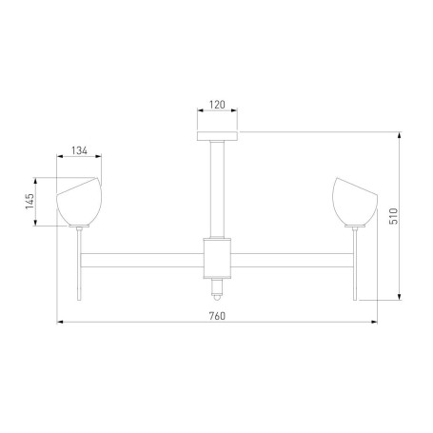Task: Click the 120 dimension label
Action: point(217,105)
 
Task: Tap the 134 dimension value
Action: point(79,150)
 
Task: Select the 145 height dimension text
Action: point(30,202)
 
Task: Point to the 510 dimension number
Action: point(393,216)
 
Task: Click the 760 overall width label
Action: point(217,316)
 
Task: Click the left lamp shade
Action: point(79,202)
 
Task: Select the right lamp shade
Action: point(355,202)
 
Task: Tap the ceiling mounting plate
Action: point(217,136)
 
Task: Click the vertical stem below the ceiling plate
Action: point(217,189)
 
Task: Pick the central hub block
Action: point(217,258)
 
